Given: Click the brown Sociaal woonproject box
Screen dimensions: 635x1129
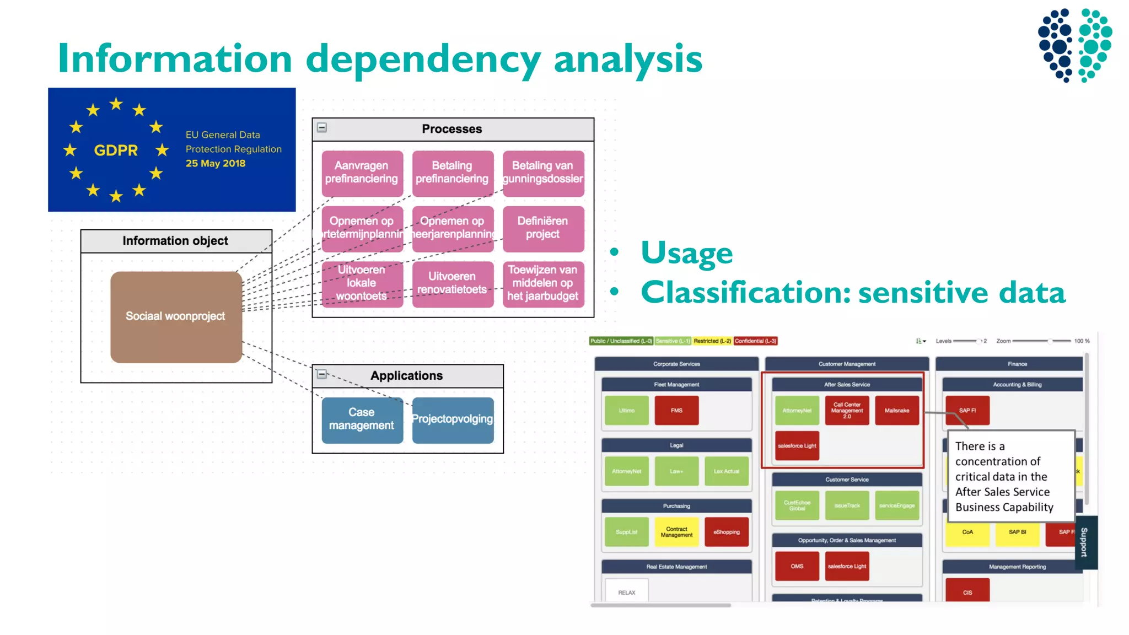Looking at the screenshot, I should [x=176, y=316].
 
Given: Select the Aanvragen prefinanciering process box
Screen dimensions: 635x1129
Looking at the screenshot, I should [x=362, y=173].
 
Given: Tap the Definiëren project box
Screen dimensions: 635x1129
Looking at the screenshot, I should [x=542, y=228].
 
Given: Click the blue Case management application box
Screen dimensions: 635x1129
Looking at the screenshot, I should [x=362, y=419].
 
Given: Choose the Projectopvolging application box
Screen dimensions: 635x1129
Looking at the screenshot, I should [x=453, y=419].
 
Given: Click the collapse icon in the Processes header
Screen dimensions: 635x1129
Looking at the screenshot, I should [x=322, y=128].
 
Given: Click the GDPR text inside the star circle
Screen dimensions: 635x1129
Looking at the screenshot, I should [x=116, y=150].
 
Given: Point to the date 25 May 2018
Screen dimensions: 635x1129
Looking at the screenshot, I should [x=215, y=164].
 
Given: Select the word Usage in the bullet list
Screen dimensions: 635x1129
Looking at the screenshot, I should [x=686, y=253].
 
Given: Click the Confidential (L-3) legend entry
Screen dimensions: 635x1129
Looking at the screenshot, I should [x=755, y=341].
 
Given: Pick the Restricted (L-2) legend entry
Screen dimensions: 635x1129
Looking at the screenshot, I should [x=712, y=341].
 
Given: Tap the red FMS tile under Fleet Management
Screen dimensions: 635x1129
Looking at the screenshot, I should [x=676, y=411].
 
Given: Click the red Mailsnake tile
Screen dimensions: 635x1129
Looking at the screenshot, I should [x=897, y=411].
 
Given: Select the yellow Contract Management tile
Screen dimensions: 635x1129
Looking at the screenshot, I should [x=676, y=532].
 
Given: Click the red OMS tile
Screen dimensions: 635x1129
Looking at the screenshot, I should [x=797, y=566].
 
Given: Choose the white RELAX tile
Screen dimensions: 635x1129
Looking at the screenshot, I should [x=627, y=592].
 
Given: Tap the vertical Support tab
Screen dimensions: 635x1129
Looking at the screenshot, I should [x=1085, y=542].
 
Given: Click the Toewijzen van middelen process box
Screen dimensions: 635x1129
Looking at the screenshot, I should [x=542, y=283].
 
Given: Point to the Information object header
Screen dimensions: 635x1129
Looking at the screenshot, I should [x=175, y=241].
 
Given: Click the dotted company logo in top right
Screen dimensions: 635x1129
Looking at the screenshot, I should [x=1075, y=45].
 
